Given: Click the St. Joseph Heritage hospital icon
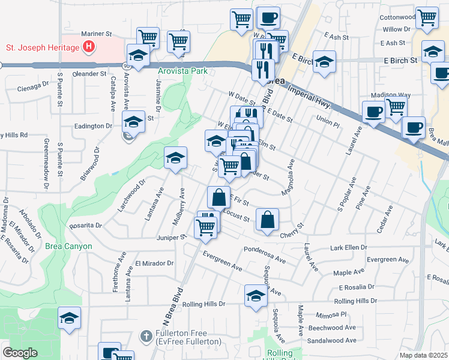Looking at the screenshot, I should point(89,46).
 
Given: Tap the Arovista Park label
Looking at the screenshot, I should point(182,71).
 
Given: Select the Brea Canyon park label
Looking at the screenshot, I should point(68,246).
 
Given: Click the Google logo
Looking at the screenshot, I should point(20,352).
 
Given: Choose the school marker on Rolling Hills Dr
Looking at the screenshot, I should point(256,296).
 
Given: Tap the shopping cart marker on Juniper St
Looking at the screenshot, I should point(205,227).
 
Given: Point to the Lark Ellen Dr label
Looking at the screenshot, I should point(348,247).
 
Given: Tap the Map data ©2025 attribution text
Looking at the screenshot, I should point(424,355).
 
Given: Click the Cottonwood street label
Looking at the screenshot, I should point(397,17).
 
